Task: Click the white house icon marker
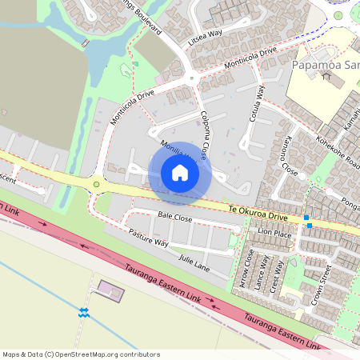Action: pyautogui.click(x=180, y=172)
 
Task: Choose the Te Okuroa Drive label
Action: pyautogui.click(x=257, y=211)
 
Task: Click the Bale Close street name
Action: pyautogui.click(x=175, y=217)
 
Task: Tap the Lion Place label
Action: pyautogui.click(x=274, y=233)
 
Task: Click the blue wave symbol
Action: pyautogui.click(x=83, y=311)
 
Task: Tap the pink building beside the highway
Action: pyautogui.click(x=110, y=290)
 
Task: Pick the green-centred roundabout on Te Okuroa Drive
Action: pyautogui.click(x=97, y=185)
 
